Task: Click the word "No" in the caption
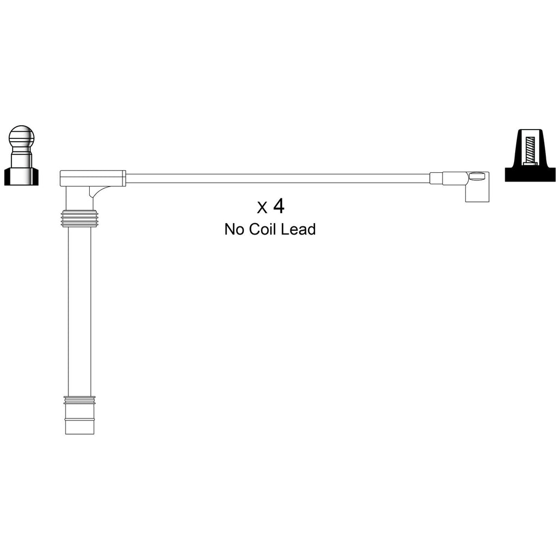point(235,229)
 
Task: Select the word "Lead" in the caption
point(298,229)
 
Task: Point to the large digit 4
point(278,206)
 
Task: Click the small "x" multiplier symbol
point(262,207)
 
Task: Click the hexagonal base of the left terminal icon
point(21,177)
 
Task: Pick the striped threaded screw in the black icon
point(529,150)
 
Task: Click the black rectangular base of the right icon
point(530,173)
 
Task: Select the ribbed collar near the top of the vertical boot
point(79,218)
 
